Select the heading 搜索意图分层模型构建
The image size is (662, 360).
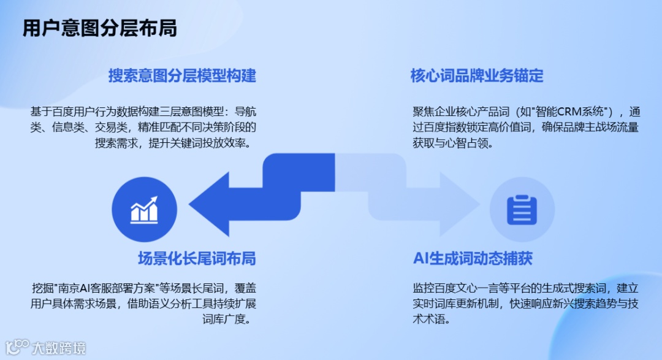coord(182,76)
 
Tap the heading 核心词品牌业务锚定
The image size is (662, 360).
coord(477,76)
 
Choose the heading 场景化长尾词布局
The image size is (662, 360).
coord(196,258)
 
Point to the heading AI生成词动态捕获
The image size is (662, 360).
coord(473,258)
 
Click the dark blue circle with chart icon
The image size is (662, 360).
coord(145,209)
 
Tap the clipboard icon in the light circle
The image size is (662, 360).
coord(522,209)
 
